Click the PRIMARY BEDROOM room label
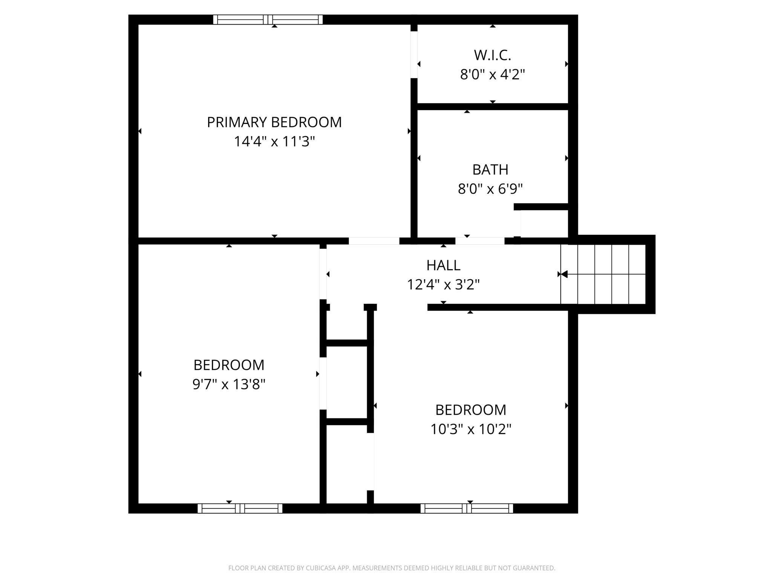tap(274, 122)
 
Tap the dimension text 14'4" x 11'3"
tap(274, 142)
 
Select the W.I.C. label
tap(492, 55)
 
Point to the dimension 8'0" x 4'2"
tap(492, 74)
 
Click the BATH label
tap(490, 170)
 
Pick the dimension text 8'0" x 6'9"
tap(490, 189)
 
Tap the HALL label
tap(443, 265)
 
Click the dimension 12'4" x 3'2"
tap(443, 285)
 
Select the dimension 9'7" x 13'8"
tap(229, 384)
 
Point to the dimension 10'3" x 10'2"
tap(471, 429)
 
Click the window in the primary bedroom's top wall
tap(268, 20)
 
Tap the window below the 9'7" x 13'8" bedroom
tap(240, 508)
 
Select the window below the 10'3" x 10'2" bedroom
tap(467, 508)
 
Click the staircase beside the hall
tap(603, 274)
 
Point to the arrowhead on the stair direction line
tap(564, 274)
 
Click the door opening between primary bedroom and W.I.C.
tap(414, 55)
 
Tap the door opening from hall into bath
tap(480, 241)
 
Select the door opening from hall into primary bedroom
tap(374, 241)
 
